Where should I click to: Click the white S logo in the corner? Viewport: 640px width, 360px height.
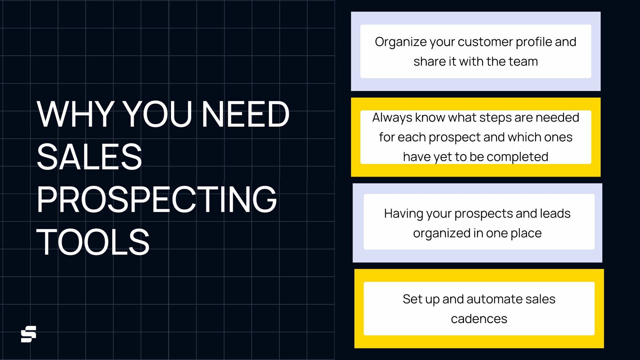[x=29, y=334]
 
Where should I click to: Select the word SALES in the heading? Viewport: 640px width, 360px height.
[x=90, y=157]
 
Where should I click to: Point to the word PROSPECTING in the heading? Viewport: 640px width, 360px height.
[x=157, y=199]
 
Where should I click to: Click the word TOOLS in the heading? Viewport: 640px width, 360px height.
[x=93, y=242]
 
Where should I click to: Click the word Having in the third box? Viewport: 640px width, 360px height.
[x=404, y=214]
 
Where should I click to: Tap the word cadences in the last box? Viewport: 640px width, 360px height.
[x=479, y=319]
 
